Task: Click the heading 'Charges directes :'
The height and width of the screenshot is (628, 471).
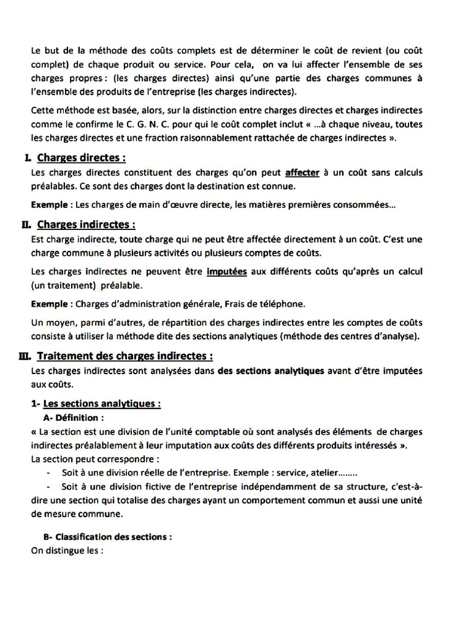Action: (82, 158)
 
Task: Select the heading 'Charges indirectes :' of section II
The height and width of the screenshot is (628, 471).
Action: (86, 224)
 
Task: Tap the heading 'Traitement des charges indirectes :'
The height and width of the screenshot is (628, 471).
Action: (125, 356)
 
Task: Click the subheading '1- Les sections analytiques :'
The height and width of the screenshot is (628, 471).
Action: (96, 404)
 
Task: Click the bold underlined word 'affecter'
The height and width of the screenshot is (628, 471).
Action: (302, 174)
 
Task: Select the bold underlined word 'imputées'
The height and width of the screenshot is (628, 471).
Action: (227, 272)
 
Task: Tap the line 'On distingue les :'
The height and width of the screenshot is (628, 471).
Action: (67, 550)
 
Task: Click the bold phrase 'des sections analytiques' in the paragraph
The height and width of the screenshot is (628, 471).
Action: (272, 371)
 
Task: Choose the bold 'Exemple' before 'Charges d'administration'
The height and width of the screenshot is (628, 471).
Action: (51, 304)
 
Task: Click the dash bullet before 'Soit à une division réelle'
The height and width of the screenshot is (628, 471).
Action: (48, 473)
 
